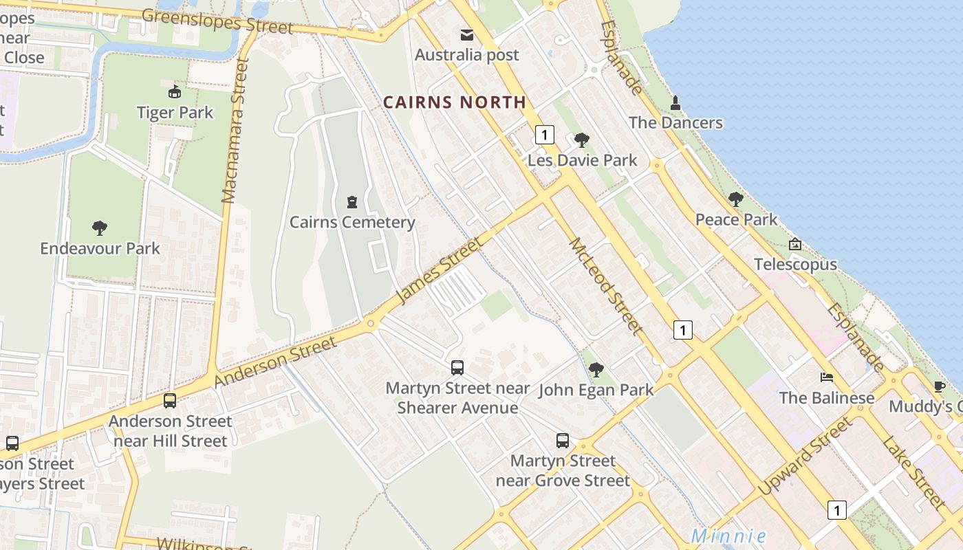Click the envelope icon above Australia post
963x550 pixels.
tap(467, 34)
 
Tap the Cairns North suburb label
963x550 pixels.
tap(454, 102)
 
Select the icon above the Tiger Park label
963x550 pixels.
tap(175, 91)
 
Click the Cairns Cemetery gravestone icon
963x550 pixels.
tap(352, 202)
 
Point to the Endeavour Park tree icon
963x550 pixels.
tap(100, 228)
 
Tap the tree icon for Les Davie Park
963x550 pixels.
tap(582, 140)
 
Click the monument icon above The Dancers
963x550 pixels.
tap(675, 103)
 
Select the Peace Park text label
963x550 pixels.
tap(736, 219)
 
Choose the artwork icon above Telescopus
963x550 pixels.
tap(795, 244)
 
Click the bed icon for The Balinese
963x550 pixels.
tap(827, 377)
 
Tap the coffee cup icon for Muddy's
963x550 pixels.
tap(940, 386)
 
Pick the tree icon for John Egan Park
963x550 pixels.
tap(596, 370)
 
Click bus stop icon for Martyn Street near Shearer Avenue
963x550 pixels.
tap(457, 368)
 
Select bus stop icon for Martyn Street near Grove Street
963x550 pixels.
tap(563, 441)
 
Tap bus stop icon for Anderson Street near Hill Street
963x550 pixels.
tap(170, 400)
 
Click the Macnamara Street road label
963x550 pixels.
tap(235, 131)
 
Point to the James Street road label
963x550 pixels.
tap(440, 270)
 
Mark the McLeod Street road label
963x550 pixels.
tap(606, 287)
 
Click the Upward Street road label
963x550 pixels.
tap(805, 456)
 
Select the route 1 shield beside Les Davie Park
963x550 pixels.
tap(544, 134)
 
